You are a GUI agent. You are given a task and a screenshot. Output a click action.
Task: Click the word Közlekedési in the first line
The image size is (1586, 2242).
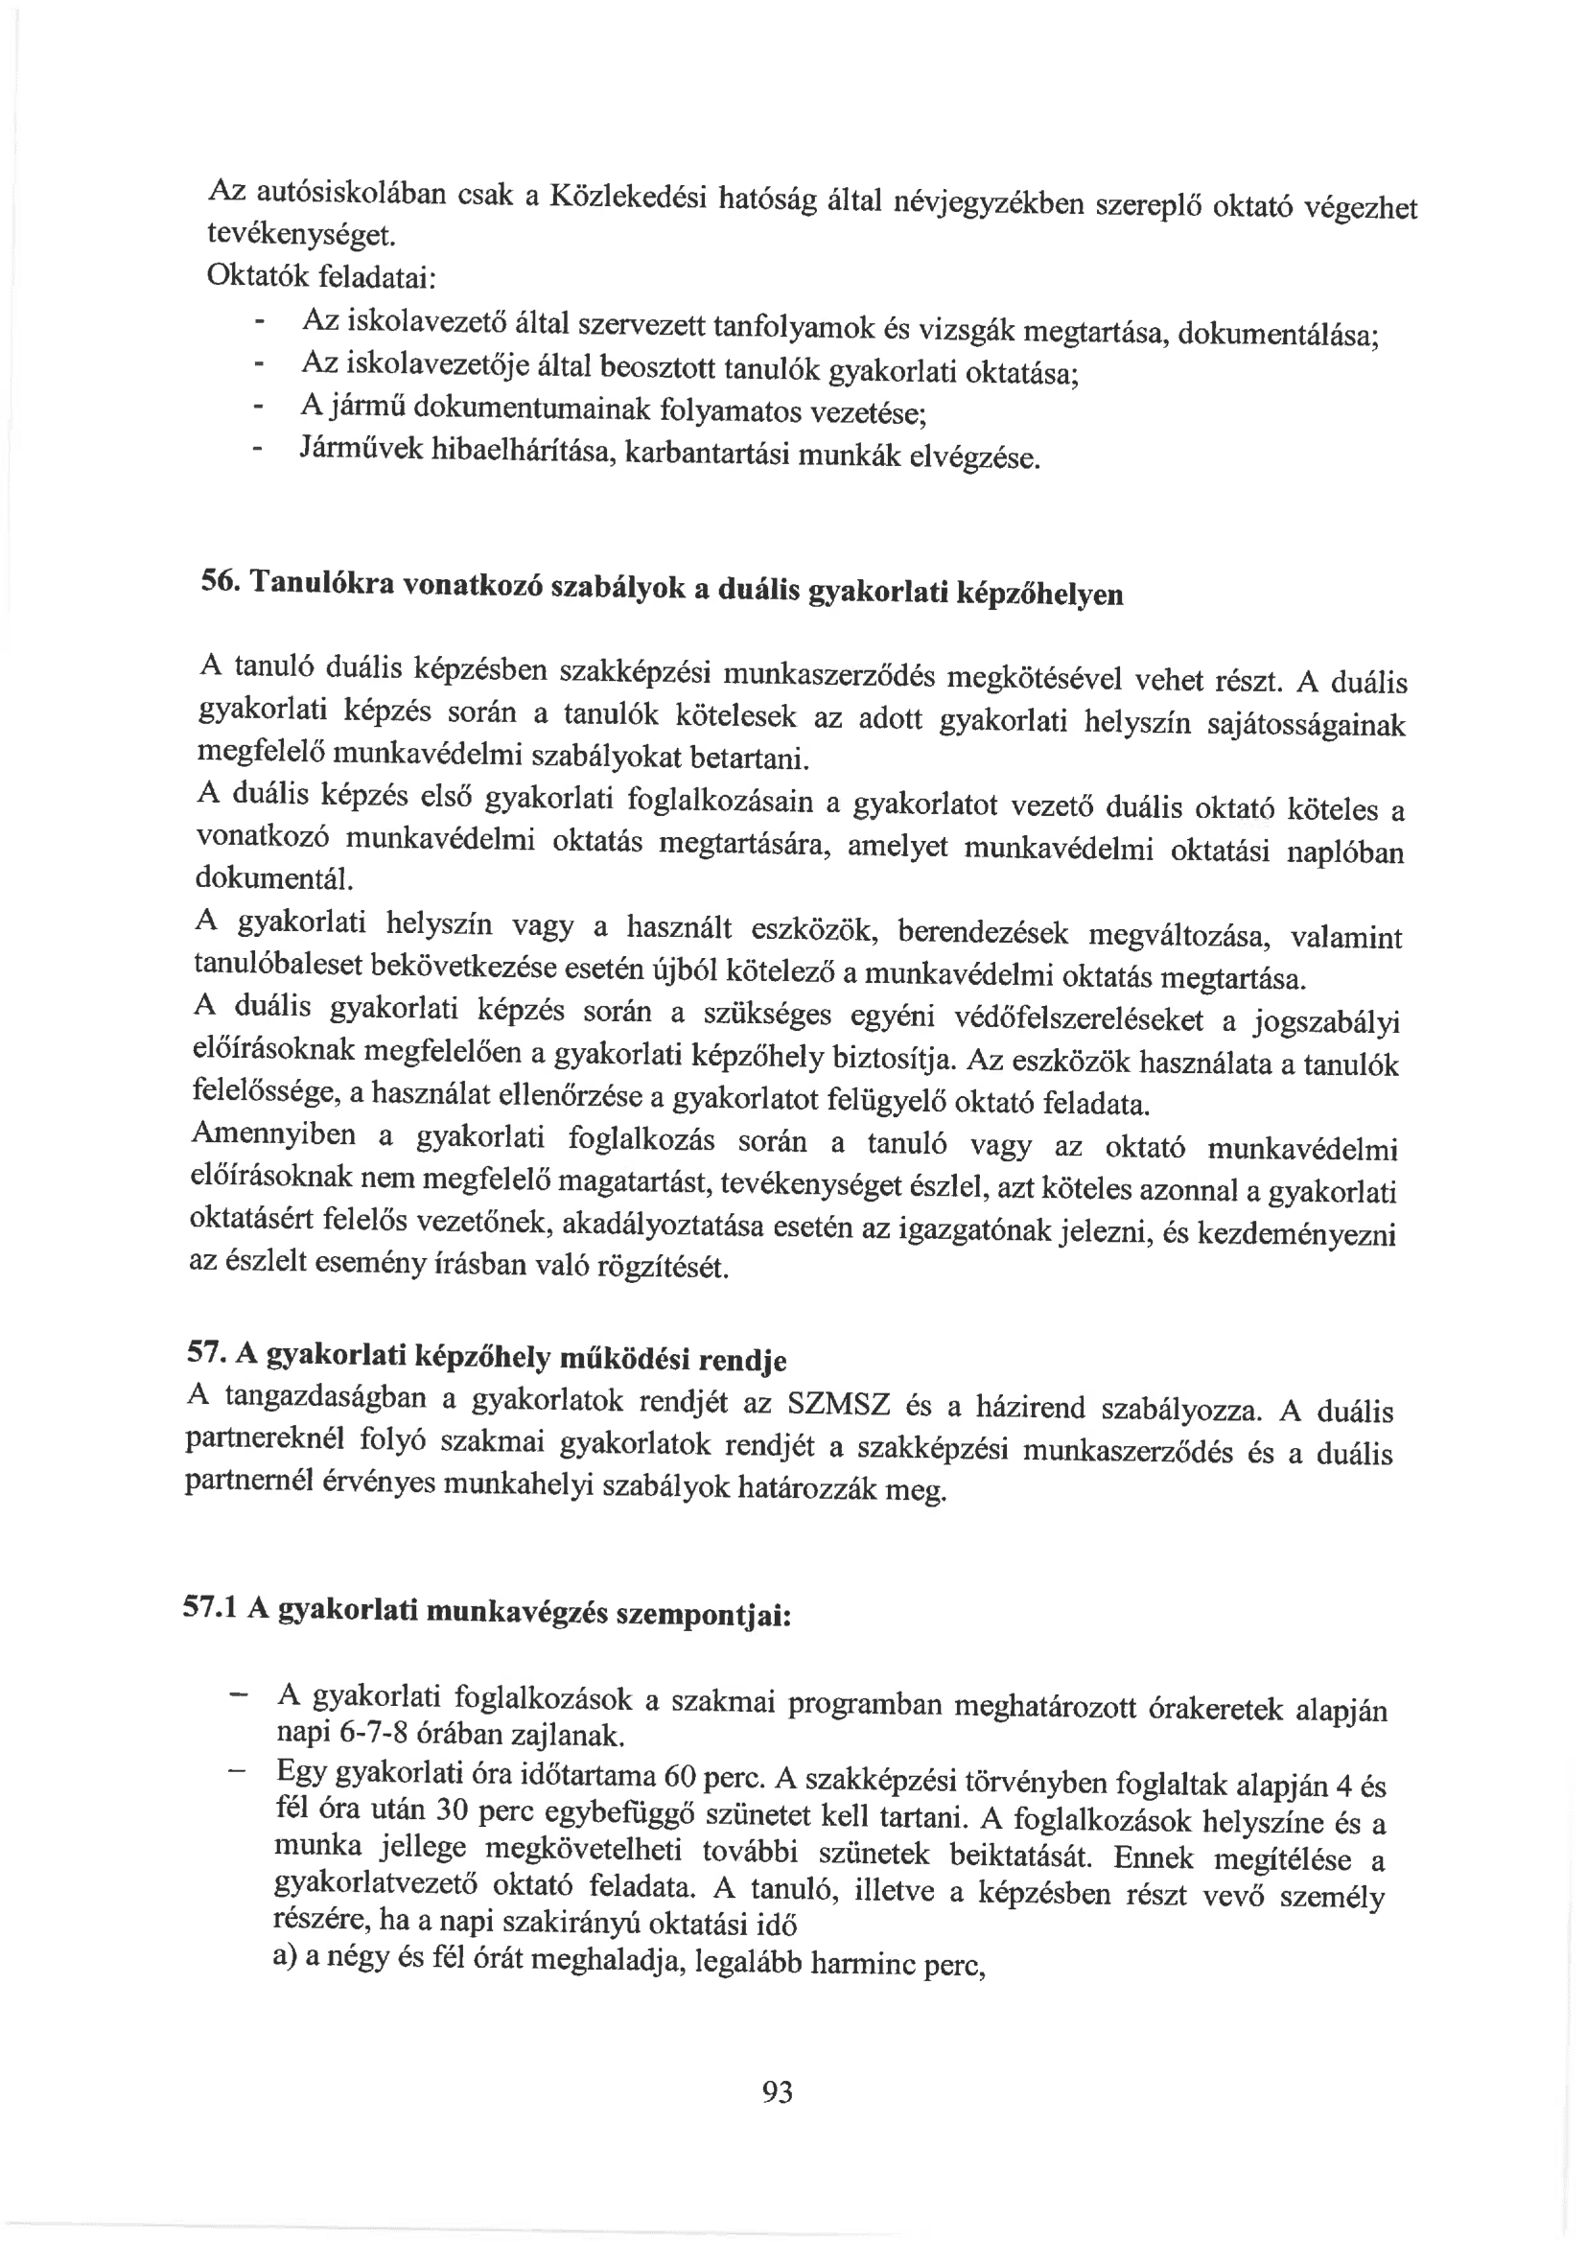627,196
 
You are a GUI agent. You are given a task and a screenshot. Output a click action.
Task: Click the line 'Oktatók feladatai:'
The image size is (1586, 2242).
320,276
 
